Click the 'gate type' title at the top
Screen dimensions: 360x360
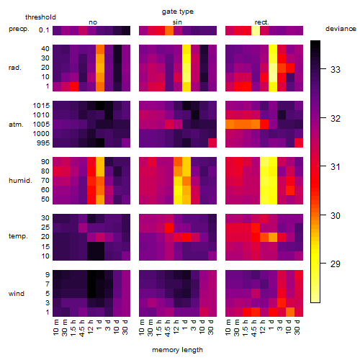click(x=178, y=12)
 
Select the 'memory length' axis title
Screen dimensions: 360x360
click(x=177, y=350)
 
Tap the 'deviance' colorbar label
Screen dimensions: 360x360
click(x=341, y=29)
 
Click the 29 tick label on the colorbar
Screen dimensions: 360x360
click(x=336, y=264)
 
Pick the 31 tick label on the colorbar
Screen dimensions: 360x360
click(x=336, y=167)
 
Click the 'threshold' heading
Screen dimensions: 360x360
click(x=40, y=17)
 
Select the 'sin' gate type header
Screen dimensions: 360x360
click(x=177, y=22)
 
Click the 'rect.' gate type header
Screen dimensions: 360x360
click(x=261, y=22)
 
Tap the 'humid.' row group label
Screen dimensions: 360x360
click(x=20, y=181)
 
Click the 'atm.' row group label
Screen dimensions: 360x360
click(x=16, y=125)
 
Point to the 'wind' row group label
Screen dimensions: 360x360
click(x=17, y=294)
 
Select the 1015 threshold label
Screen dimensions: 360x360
click(x=41, y=106)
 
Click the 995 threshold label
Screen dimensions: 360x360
click(x=43, y=143)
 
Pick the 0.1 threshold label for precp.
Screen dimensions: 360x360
click(x=44, y=30)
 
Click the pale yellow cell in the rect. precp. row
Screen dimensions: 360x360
click(x=256, y=30)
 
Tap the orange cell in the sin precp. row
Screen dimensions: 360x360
click(x=169, y=30)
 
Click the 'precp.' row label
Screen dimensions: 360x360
click(x=19, y=30)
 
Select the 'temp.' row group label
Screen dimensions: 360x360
click(x=18, y=236)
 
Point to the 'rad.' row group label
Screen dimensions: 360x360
click(x=15, y=68)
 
